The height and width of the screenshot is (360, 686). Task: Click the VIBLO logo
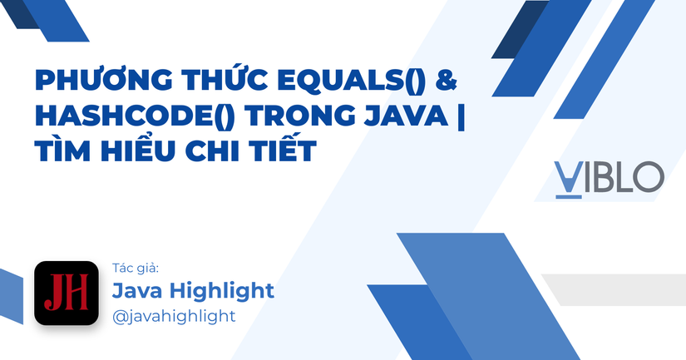click(609, 176)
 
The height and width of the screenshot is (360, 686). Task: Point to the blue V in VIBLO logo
click(569, 176)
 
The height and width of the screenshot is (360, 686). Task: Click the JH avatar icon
click(67, 293)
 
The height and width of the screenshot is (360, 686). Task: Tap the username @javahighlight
click(174, 316)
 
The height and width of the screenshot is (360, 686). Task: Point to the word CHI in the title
click(210, 151)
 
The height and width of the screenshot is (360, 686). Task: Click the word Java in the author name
click(137, 291)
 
